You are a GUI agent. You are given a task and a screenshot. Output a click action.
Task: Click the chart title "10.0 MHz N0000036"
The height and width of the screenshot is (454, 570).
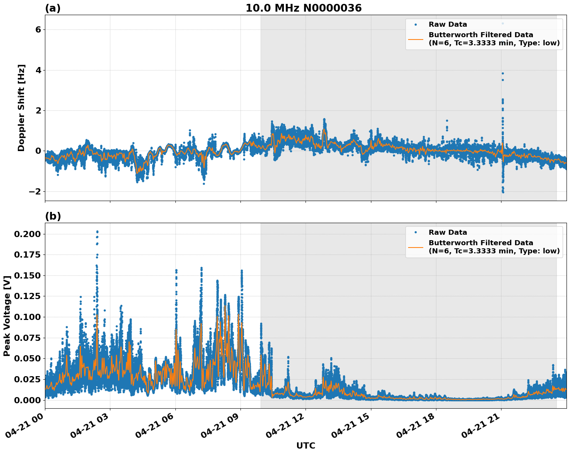[303, 8]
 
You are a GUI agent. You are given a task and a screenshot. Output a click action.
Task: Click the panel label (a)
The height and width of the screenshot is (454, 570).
[53, 8]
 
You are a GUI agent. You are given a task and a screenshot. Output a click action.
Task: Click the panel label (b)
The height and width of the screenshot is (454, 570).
[53, 216]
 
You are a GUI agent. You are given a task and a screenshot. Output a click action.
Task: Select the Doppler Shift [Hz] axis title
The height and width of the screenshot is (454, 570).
[22, 108]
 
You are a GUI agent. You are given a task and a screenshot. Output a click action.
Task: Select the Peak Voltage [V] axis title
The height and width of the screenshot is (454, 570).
[7, 316]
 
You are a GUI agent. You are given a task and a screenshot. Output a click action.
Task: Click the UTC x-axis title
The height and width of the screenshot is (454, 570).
[306, 445]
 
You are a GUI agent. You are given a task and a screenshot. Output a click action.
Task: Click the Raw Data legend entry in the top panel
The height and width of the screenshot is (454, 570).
[448, 24]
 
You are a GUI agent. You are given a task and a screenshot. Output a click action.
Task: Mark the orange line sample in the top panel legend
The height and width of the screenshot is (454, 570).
[415, 39]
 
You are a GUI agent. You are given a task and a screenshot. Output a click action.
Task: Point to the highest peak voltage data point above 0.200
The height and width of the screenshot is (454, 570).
[97, 232]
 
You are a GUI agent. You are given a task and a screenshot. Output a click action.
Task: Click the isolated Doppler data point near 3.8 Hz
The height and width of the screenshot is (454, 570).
[503, 73]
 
